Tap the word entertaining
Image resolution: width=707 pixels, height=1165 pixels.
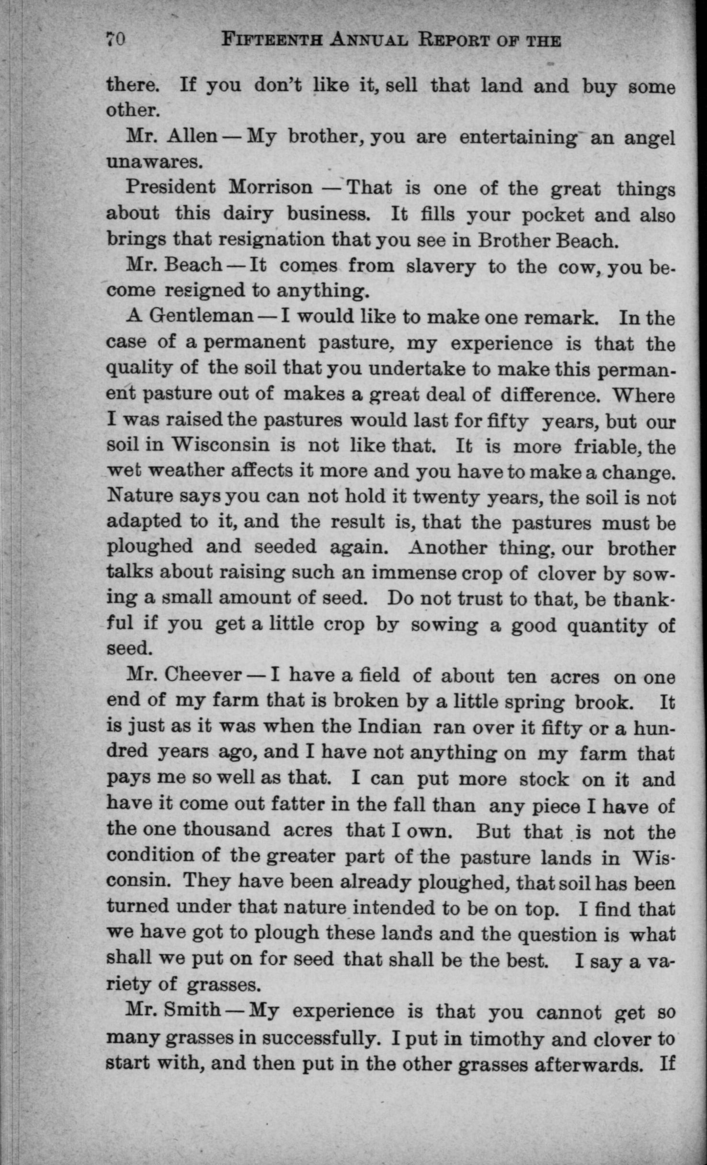[518, 138]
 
